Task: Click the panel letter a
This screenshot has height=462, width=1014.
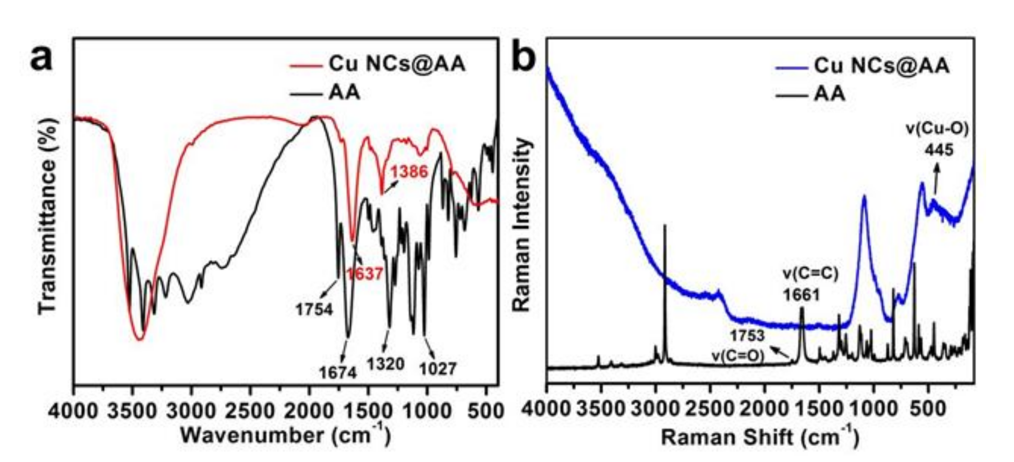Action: (41, 58)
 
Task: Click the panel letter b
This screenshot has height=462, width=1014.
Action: (524, 58)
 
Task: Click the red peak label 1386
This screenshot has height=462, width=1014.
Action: (409, 171)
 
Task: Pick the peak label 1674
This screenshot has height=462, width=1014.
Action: (338, 372)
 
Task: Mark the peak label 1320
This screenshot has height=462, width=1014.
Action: (386, 364)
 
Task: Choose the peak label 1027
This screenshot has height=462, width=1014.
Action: (438, 369)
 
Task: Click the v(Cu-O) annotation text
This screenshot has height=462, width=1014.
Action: (937, 129)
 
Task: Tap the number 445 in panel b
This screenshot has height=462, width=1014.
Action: (939, 150)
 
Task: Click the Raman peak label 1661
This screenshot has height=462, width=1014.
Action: (801, 295)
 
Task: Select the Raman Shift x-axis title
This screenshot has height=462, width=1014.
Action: (760, 437)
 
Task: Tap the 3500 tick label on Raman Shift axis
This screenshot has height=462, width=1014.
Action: (600, 410)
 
